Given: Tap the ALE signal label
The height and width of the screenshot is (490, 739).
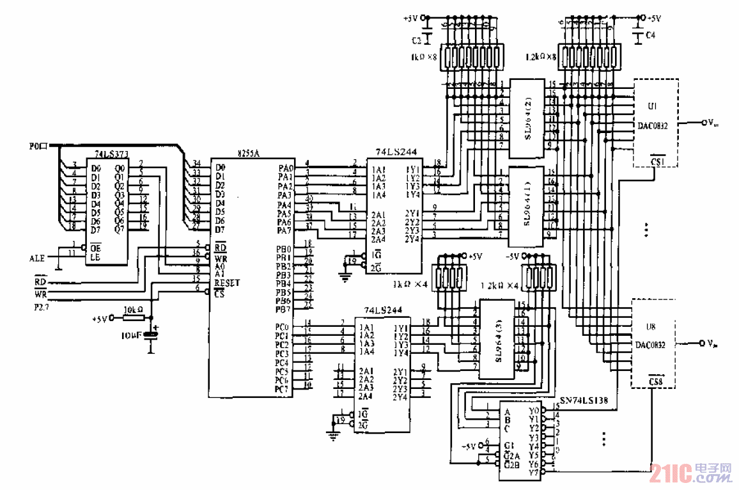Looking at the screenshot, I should click(x=37, y=258).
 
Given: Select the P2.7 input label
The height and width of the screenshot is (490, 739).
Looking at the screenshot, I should click(x=42, y=306).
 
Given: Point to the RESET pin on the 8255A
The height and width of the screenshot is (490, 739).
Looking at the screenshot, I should click(x=227, y=282).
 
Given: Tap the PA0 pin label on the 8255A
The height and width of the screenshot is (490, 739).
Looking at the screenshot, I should click(x=286, y=168).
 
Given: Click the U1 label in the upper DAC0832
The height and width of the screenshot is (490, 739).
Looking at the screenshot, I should click(x=652, y=107).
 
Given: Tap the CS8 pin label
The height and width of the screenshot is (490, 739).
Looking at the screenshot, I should click(x=655, y=382).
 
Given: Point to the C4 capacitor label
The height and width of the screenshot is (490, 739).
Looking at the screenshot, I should click(x=650, y=36).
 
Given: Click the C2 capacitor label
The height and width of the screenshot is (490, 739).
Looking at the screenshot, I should click(x=416, y=40).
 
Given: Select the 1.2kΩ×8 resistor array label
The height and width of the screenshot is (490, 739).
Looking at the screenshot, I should click(x=541, y=56).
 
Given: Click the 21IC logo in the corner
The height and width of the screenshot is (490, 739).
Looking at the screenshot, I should click(x=690, y=474).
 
